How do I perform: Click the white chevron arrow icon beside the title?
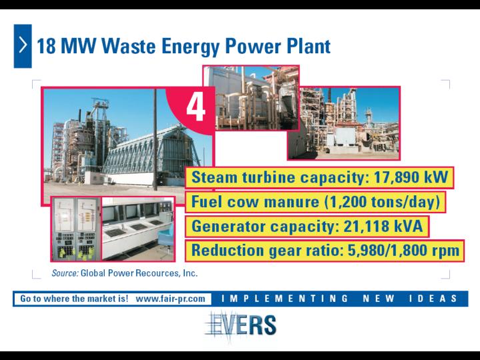click(23, 45)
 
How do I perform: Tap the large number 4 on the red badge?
click(196, 107)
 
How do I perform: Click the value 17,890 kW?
click(411, 177)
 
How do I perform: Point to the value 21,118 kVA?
click(383, 226)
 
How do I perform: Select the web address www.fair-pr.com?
click(171, 299)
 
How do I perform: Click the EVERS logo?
click(240, 325)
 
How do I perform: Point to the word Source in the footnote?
click(65, 273)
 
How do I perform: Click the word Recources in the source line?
click(157, 273)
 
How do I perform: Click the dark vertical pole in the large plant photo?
click(155, 139)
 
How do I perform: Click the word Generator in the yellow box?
click(229, 226)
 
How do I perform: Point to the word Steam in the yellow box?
click(214, 177)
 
